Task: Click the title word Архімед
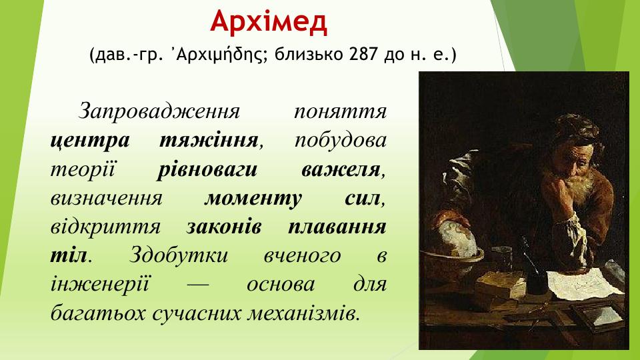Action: (269, 22)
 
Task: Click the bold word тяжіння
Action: (209, 140)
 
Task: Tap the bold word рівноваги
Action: (207, 169)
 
